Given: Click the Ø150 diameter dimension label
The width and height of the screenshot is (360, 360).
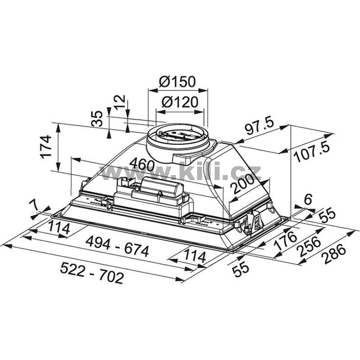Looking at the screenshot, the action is click(x=177, y=82).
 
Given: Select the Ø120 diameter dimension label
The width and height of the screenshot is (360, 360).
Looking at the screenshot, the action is click(x=180, y=102).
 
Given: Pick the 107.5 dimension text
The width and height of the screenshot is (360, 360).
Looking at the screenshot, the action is click(x=312, y=152).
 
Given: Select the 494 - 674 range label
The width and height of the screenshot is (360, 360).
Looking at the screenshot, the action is click(x=117, y=247).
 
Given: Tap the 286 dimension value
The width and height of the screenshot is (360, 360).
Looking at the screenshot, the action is click(x=333, y=254).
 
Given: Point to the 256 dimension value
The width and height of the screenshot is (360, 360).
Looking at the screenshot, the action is click(x=308, y=247).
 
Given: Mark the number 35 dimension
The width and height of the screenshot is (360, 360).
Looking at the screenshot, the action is click(x=97, y=119).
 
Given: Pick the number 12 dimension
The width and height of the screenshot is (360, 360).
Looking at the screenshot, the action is click(x=120, y=102).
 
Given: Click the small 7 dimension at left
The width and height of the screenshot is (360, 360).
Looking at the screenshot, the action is click(x=35, y=205).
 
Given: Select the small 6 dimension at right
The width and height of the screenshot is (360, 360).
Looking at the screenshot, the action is click(x=308, y=199).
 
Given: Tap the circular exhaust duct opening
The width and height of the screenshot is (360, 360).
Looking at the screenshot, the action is click(x=178, y=136).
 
